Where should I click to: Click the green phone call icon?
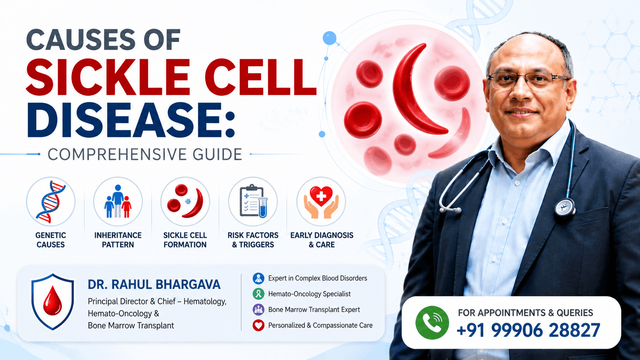coord(432,322)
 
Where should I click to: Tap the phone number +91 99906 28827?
coord(528,330)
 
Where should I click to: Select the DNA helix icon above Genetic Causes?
coord(50,202)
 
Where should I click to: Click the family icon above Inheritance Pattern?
coord(118,201)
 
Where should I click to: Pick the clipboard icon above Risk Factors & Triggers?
coord(254,201)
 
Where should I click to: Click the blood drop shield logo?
coord(52,302)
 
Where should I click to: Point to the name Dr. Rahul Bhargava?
coord(154,284)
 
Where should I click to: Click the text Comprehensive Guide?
coord(144,154)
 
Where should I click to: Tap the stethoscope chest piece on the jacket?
coord(564,207)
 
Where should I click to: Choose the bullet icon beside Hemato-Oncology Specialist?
coord(258,294)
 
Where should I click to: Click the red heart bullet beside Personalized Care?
coord(258,326)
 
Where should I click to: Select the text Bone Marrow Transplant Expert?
coord(314,310)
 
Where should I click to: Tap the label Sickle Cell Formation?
coord(185,240)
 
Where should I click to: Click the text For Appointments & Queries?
coord(526,313)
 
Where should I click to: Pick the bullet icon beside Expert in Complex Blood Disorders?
coord(258,278)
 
